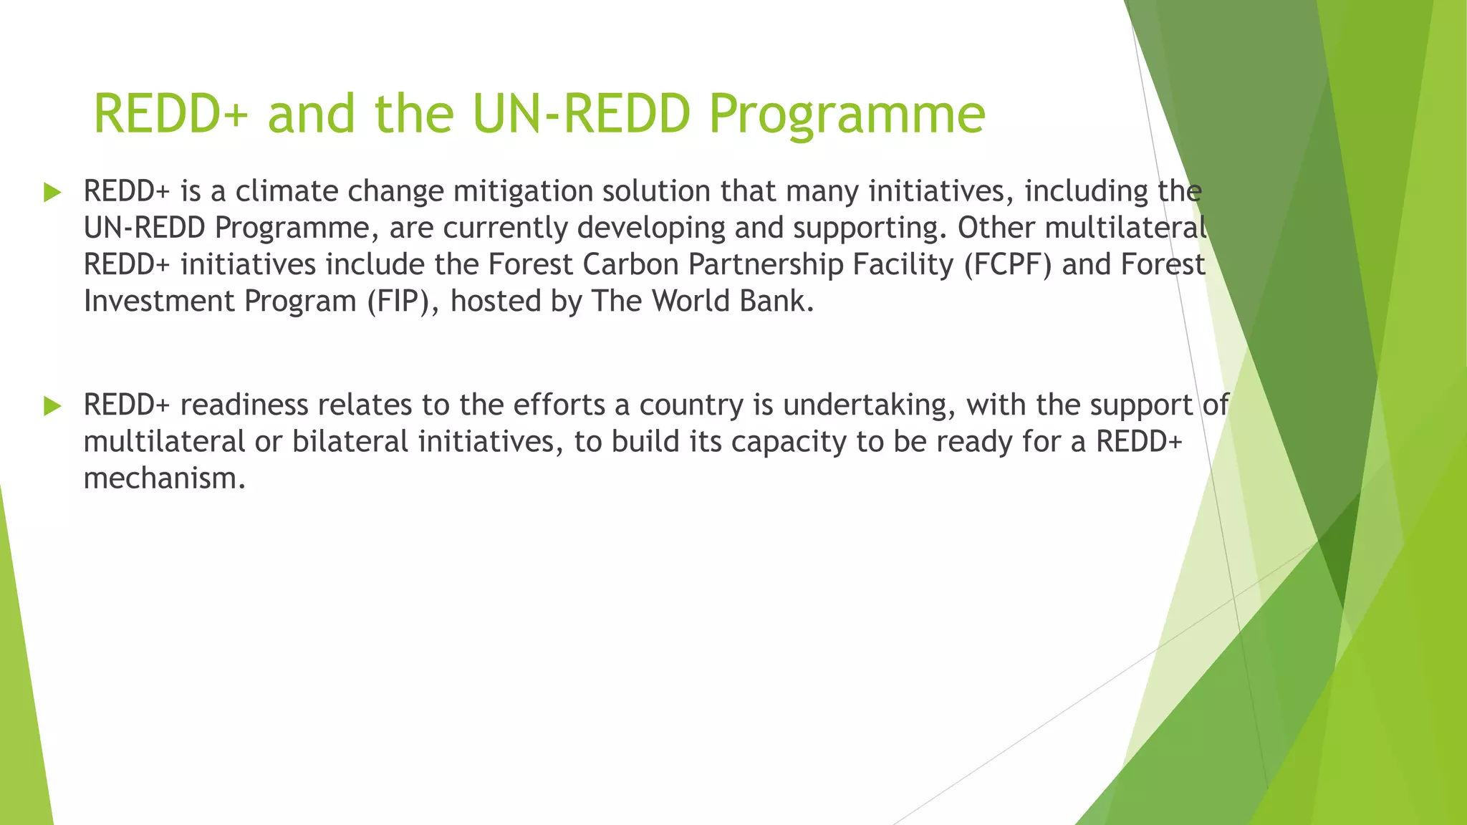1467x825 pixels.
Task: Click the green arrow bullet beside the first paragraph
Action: [52, 192]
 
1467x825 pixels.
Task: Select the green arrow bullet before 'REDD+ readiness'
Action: [52, 406]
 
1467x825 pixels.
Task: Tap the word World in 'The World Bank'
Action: [691, 301]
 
